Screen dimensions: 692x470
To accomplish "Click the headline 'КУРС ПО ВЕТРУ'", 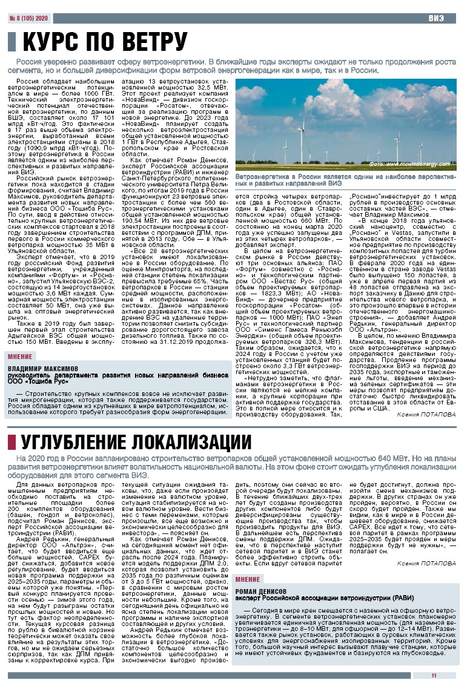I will click(104, 42).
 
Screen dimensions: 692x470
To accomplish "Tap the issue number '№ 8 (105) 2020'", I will click(28, 18).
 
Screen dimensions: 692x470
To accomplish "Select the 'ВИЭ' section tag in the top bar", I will click(437, 18).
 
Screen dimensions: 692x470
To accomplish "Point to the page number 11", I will click(434, 676).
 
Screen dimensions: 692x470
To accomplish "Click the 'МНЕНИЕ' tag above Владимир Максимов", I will click(21, 356).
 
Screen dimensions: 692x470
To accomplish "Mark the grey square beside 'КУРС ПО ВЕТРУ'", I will click(11, 42).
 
